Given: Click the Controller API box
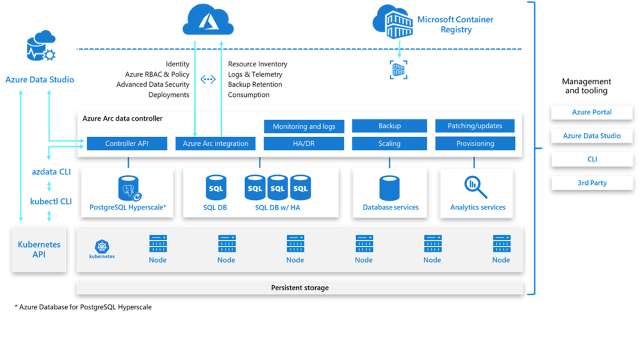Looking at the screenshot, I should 127,144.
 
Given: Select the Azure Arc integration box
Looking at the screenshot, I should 215,144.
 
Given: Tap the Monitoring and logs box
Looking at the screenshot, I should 304,126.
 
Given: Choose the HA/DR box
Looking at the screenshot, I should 304,144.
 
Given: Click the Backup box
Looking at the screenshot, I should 389,126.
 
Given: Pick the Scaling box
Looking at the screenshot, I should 389,144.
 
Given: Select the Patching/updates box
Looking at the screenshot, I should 475,126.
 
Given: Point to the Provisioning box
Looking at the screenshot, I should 475,144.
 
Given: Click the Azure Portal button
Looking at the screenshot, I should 592,112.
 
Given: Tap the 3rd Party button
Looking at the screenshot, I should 592,183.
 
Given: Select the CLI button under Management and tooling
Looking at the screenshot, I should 592,159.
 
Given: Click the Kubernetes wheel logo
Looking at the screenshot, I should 102,246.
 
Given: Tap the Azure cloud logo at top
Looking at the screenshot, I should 208,20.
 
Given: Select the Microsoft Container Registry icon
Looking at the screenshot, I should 393,22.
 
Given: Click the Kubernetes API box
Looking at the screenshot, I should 39,250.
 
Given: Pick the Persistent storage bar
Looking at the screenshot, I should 300,288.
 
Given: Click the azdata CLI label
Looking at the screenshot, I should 51,172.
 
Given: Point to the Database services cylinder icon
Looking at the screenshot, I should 389,188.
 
